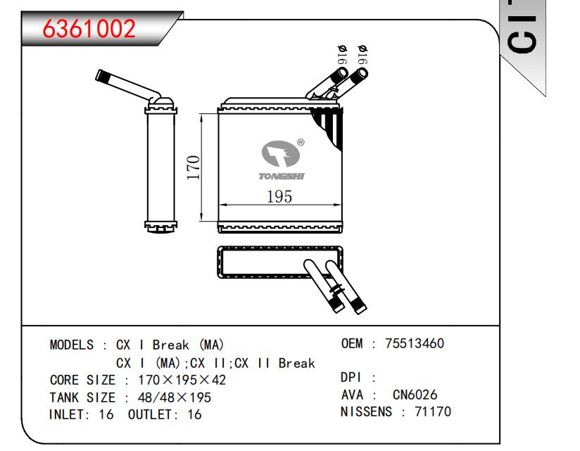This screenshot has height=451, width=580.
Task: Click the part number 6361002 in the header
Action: (x=89, y=29)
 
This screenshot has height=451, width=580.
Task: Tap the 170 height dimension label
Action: (x=194, y=168)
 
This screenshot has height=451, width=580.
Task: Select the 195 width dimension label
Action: (x=279, y=197)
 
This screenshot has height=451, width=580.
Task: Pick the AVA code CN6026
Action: (x=415, y=395)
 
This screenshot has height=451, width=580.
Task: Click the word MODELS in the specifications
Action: (x=71, y=345)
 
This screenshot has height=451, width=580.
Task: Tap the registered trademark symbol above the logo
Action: (x=301, y=142)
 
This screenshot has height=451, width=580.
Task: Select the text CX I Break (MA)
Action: (x=169, y=345)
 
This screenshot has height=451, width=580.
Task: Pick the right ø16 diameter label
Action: (x=363, y=56)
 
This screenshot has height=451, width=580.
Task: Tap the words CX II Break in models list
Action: (x=275, y=363)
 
